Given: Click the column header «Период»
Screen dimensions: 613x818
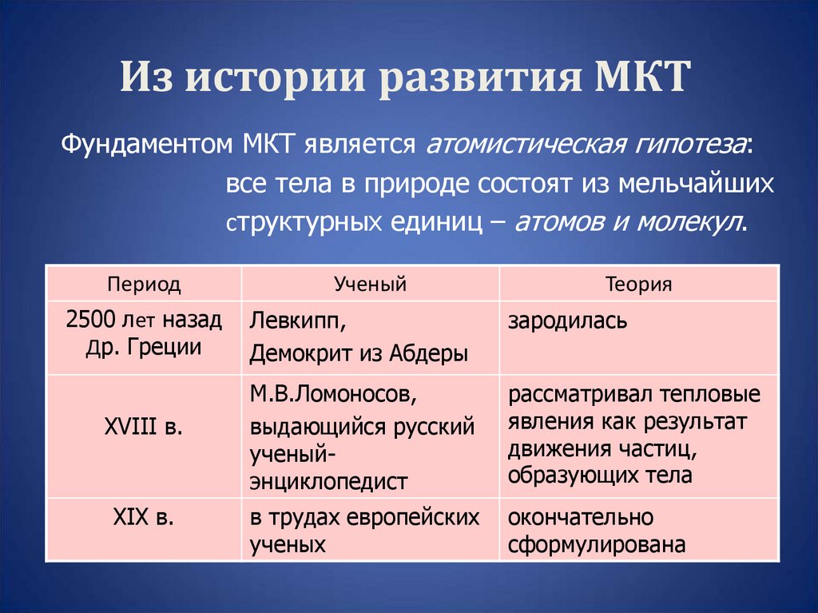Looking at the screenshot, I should coord(144,284).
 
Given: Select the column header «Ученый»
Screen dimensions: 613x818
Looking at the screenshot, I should coord(370,284).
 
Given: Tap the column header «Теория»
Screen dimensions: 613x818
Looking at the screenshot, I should coord(638,284).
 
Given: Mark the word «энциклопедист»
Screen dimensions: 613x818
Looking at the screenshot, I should coord(329,481).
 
